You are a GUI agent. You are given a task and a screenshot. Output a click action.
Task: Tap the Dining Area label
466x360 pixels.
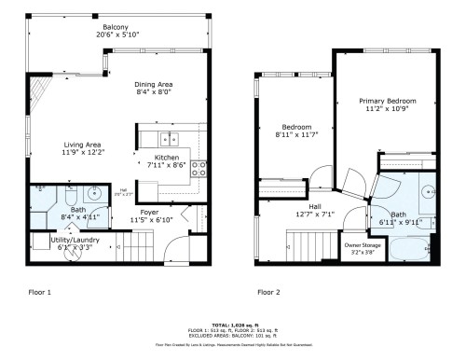pos(154,84)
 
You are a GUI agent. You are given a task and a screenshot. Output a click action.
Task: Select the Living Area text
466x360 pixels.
pos(82,145)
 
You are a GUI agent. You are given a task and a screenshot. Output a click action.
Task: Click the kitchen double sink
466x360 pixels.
pos(170,140)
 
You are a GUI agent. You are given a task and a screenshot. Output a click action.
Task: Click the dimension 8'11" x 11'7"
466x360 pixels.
pos(296,136)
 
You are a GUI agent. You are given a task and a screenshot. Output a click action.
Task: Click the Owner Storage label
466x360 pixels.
pos(359,244)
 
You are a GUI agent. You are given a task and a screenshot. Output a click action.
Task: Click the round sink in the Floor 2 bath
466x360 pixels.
pos(428,191)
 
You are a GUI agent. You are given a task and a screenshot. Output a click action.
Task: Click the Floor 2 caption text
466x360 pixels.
pos(269,291)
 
